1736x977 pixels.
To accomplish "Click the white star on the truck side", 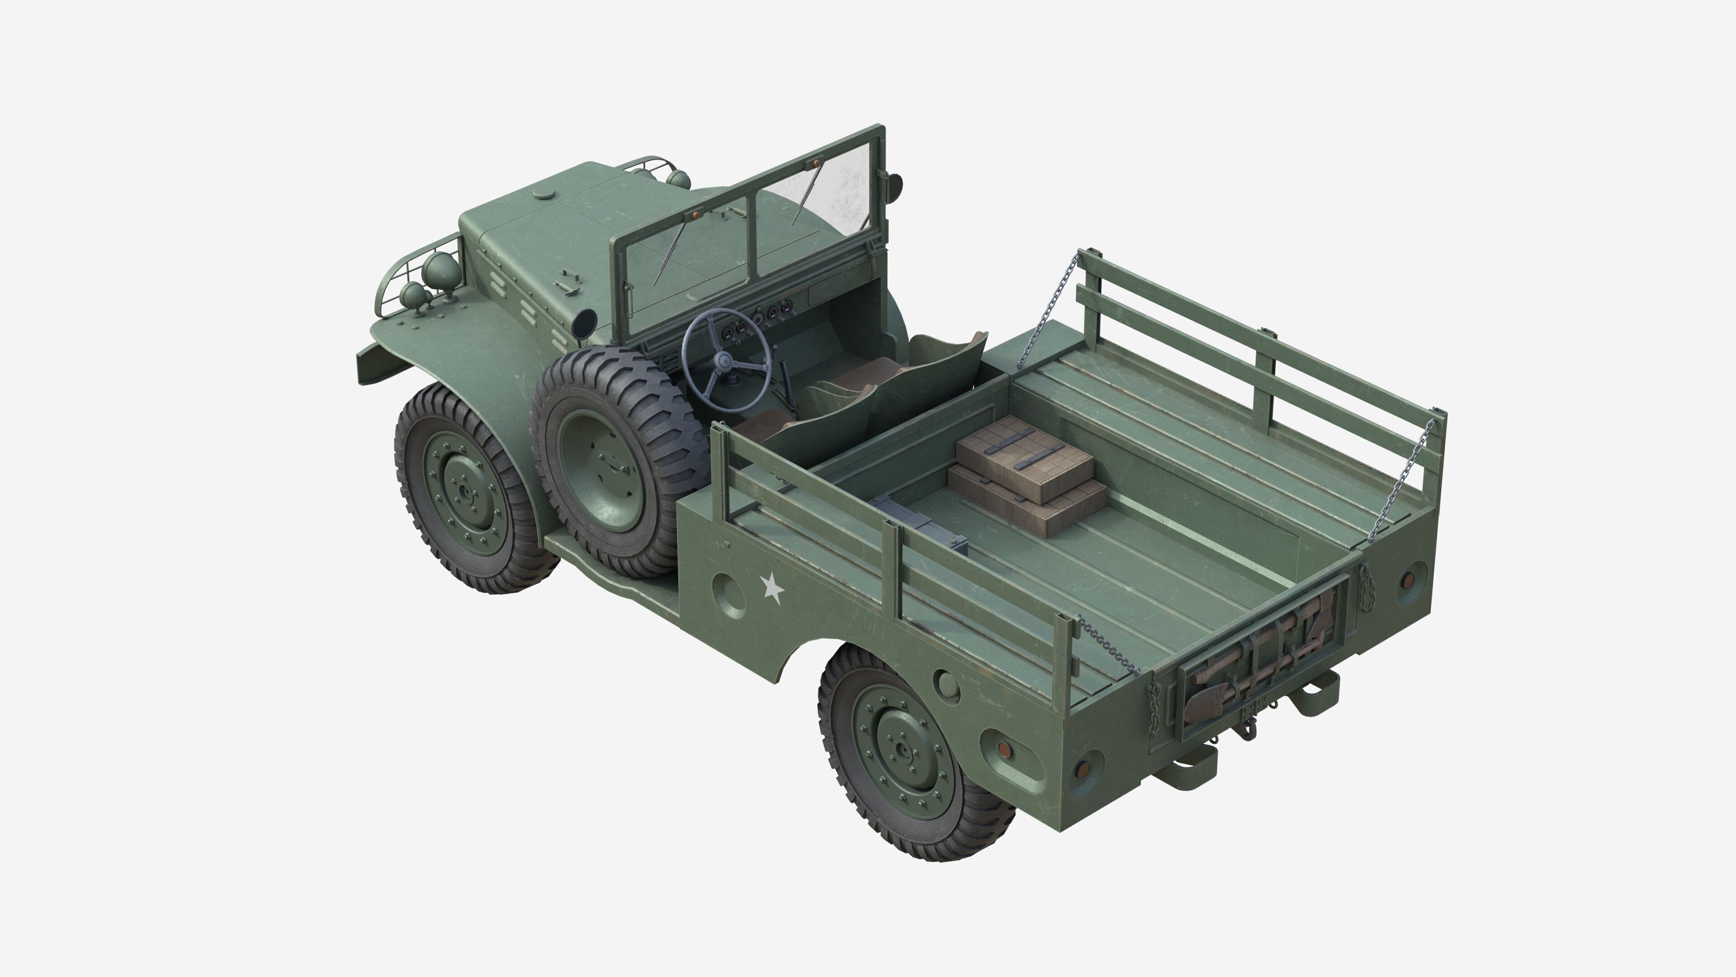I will click(772, 588).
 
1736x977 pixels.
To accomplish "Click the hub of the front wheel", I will click(464, 488).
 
